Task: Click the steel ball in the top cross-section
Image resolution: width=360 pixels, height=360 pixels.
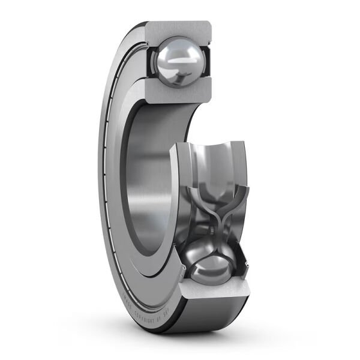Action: (178, 61)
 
